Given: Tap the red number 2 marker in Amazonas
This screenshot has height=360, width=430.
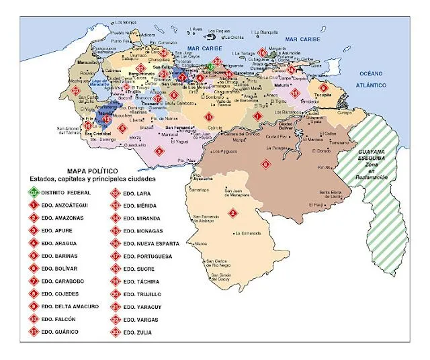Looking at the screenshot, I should point(233,214).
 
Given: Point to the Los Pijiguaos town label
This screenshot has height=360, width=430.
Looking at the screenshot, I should point(225,151).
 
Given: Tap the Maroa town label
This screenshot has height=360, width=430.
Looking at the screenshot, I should point(200,243).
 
